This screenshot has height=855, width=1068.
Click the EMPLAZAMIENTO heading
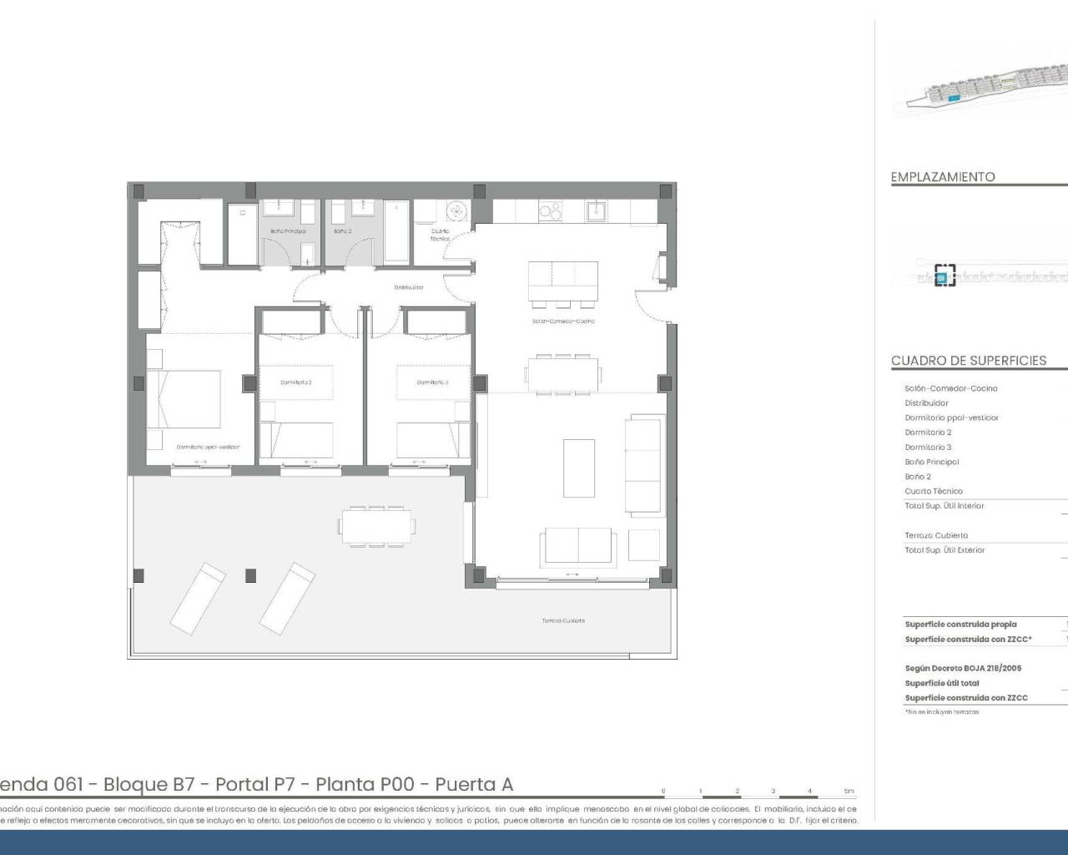pos(943,177)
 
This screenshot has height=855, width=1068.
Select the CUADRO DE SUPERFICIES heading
pos(968,361)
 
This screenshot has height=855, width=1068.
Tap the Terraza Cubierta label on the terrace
pos(563,620)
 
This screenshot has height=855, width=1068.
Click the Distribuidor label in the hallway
pos(409,287)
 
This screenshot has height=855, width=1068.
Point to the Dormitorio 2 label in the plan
pos(295,382)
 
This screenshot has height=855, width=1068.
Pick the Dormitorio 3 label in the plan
pos(433,382)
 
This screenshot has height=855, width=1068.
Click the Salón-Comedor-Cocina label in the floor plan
pos(563,321)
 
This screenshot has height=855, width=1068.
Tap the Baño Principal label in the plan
pos(287,231)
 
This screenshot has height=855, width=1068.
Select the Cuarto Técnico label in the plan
pos(440,235)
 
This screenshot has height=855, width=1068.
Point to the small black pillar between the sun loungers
pos(249,575)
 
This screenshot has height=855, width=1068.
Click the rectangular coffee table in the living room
pos(579,468)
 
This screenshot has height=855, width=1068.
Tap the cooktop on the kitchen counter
pos(550,212)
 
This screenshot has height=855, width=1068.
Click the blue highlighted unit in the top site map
pos(955,99)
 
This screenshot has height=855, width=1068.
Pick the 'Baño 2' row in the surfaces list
pos(918,477)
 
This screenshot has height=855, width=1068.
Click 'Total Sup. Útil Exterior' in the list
pos(945,550)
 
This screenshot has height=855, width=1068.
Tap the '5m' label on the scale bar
pos(849,791)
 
